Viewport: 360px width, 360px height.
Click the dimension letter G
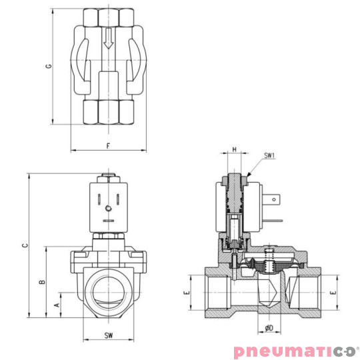[x=47, y=67]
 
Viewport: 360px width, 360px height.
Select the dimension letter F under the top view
[x=108, y=145]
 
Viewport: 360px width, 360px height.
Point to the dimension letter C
[x=25, y=245]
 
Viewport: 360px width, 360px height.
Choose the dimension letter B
[x=41, y=283]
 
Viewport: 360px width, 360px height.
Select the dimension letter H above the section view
[x=234, y=150]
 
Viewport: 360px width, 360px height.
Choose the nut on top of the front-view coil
[x=108, y=178]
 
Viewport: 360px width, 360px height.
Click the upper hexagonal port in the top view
[x=108, y=17]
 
